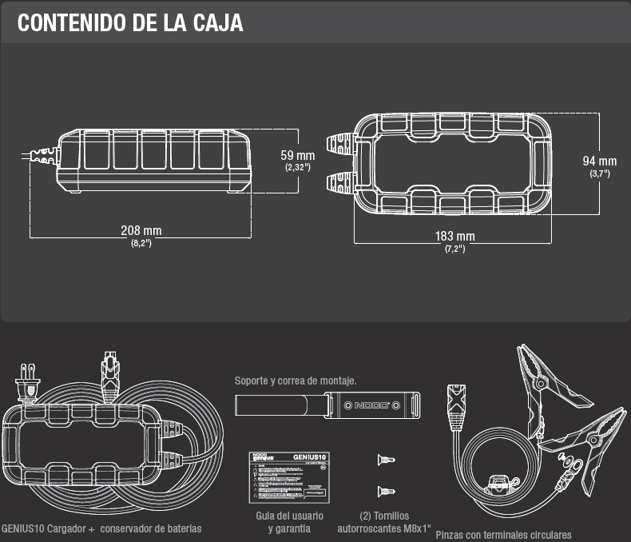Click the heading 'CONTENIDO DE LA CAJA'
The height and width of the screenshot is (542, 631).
130,22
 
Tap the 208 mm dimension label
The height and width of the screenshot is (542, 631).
141,230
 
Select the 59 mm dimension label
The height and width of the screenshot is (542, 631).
298,154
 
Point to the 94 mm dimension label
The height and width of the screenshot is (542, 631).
600,161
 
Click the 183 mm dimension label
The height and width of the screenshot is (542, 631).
454,237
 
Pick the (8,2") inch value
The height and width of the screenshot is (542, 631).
141,242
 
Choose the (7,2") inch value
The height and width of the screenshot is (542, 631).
454,249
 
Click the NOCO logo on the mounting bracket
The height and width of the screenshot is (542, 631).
368,405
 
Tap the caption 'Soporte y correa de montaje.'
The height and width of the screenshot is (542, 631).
295,381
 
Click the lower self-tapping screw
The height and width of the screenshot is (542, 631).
386,489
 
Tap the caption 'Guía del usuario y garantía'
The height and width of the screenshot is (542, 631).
289,523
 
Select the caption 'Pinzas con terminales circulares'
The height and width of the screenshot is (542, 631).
503,535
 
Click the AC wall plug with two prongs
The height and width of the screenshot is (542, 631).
29,382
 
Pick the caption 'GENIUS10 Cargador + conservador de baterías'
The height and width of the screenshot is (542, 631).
101,528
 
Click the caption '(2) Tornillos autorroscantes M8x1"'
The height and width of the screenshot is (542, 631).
384,523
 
